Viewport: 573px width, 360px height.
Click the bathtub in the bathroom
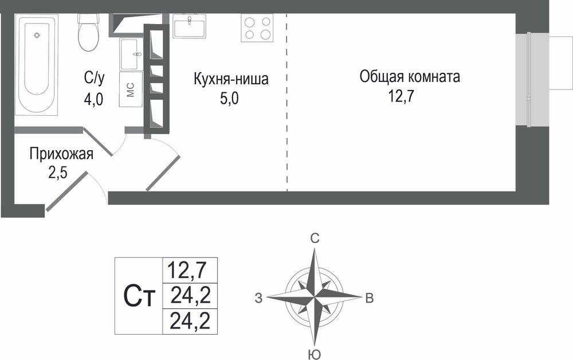point(37,65)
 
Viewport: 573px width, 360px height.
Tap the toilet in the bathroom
point(88,33)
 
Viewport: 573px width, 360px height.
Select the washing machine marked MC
point(131,89)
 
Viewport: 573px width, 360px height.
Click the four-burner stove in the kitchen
point(257,28)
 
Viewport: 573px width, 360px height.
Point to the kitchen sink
point(189,26)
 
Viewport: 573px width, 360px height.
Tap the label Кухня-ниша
point(231,79)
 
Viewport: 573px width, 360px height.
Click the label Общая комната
point(410,77)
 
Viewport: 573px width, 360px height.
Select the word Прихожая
point(61,154)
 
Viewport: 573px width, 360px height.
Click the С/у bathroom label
point(95,78)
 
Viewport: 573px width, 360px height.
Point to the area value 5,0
point(229,99)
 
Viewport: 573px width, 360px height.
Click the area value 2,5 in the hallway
point(58,173)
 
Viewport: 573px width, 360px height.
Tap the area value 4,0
point(94,99)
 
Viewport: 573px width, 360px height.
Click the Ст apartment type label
point(139,296)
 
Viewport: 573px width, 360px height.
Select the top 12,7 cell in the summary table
point(190,270)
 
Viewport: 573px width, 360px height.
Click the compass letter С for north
point(315,238)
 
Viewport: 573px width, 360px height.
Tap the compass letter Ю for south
point(314,354)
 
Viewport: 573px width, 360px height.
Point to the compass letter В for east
point(370,298)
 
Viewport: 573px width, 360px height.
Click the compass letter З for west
point(259,298)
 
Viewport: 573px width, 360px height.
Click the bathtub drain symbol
point(37,35)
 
